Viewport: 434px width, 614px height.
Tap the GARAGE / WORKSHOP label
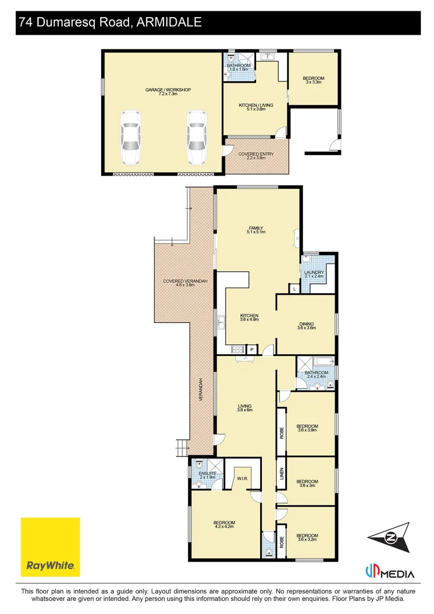pyautogui.click(x=162, y=90)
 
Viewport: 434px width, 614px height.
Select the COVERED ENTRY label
pyautogui.click(x=256, y=154)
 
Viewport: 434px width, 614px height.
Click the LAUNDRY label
pyautogui.click(x=314, y=272)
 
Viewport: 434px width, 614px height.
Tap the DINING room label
pyautogui.click(x=306, y=325)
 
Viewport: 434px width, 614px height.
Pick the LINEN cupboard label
pyautogui.click(x=281, y=474)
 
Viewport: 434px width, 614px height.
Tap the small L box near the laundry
pyautogui.click(x=294, y=289)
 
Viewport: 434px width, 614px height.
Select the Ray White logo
pyautogui.click(x=50, y=546)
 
